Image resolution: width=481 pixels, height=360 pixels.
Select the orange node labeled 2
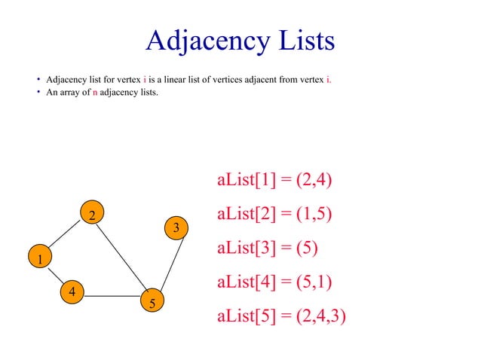90,215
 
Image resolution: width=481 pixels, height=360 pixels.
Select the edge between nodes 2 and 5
121,259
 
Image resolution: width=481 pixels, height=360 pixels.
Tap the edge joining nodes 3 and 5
164,264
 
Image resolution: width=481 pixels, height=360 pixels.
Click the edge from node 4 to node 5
112,295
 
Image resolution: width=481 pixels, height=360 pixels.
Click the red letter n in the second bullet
95,93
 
